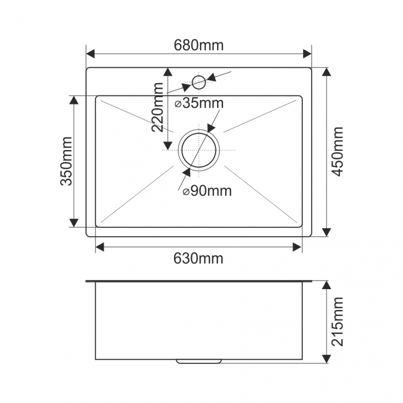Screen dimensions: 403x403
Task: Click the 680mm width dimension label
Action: point(198,45)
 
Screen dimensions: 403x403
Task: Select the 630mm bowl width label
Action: point(198,258)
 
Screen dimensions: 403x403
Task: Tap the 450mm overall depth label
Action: point(338,152)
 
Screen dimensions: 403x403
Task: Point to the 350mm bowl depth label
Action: point(66,161)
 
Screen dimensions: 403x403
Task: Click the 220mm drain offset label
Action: point(157,107)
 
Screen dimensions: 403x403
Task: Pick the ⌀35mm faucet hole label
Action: point(199,103)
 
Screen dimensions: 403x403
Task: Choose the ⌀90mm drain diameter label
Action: point(207,191)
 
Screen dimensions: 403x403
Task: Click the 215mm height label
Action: point(338,321)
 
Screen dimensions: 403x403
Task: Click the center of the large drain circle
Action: point(198,150)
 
